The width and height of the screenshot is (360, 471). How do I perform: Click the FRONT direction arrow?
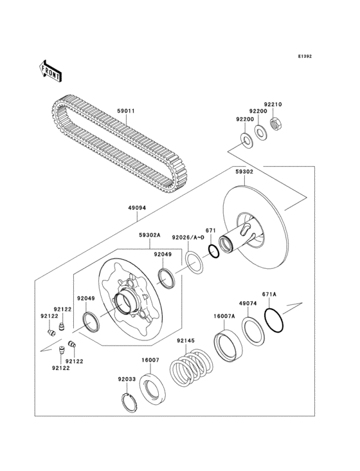coord(51,70)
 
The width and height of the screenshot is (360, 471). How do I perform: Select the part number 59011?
coord(125,111)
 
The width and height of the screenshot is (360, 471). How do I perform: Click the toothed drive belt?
coord(116,145)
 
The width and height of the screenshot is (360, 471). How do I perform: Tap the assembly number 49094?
coord(137,207)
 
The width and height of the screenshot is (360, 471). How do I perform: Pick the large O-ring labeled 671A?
coord(273,320)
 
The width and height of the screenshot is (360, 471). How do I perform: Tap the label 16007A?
coord(224,316)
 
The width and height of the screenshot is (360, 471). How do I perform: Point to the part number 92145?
coord(186,342)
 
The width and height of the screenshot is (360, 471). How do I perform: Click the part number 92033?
coord(126,380)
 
